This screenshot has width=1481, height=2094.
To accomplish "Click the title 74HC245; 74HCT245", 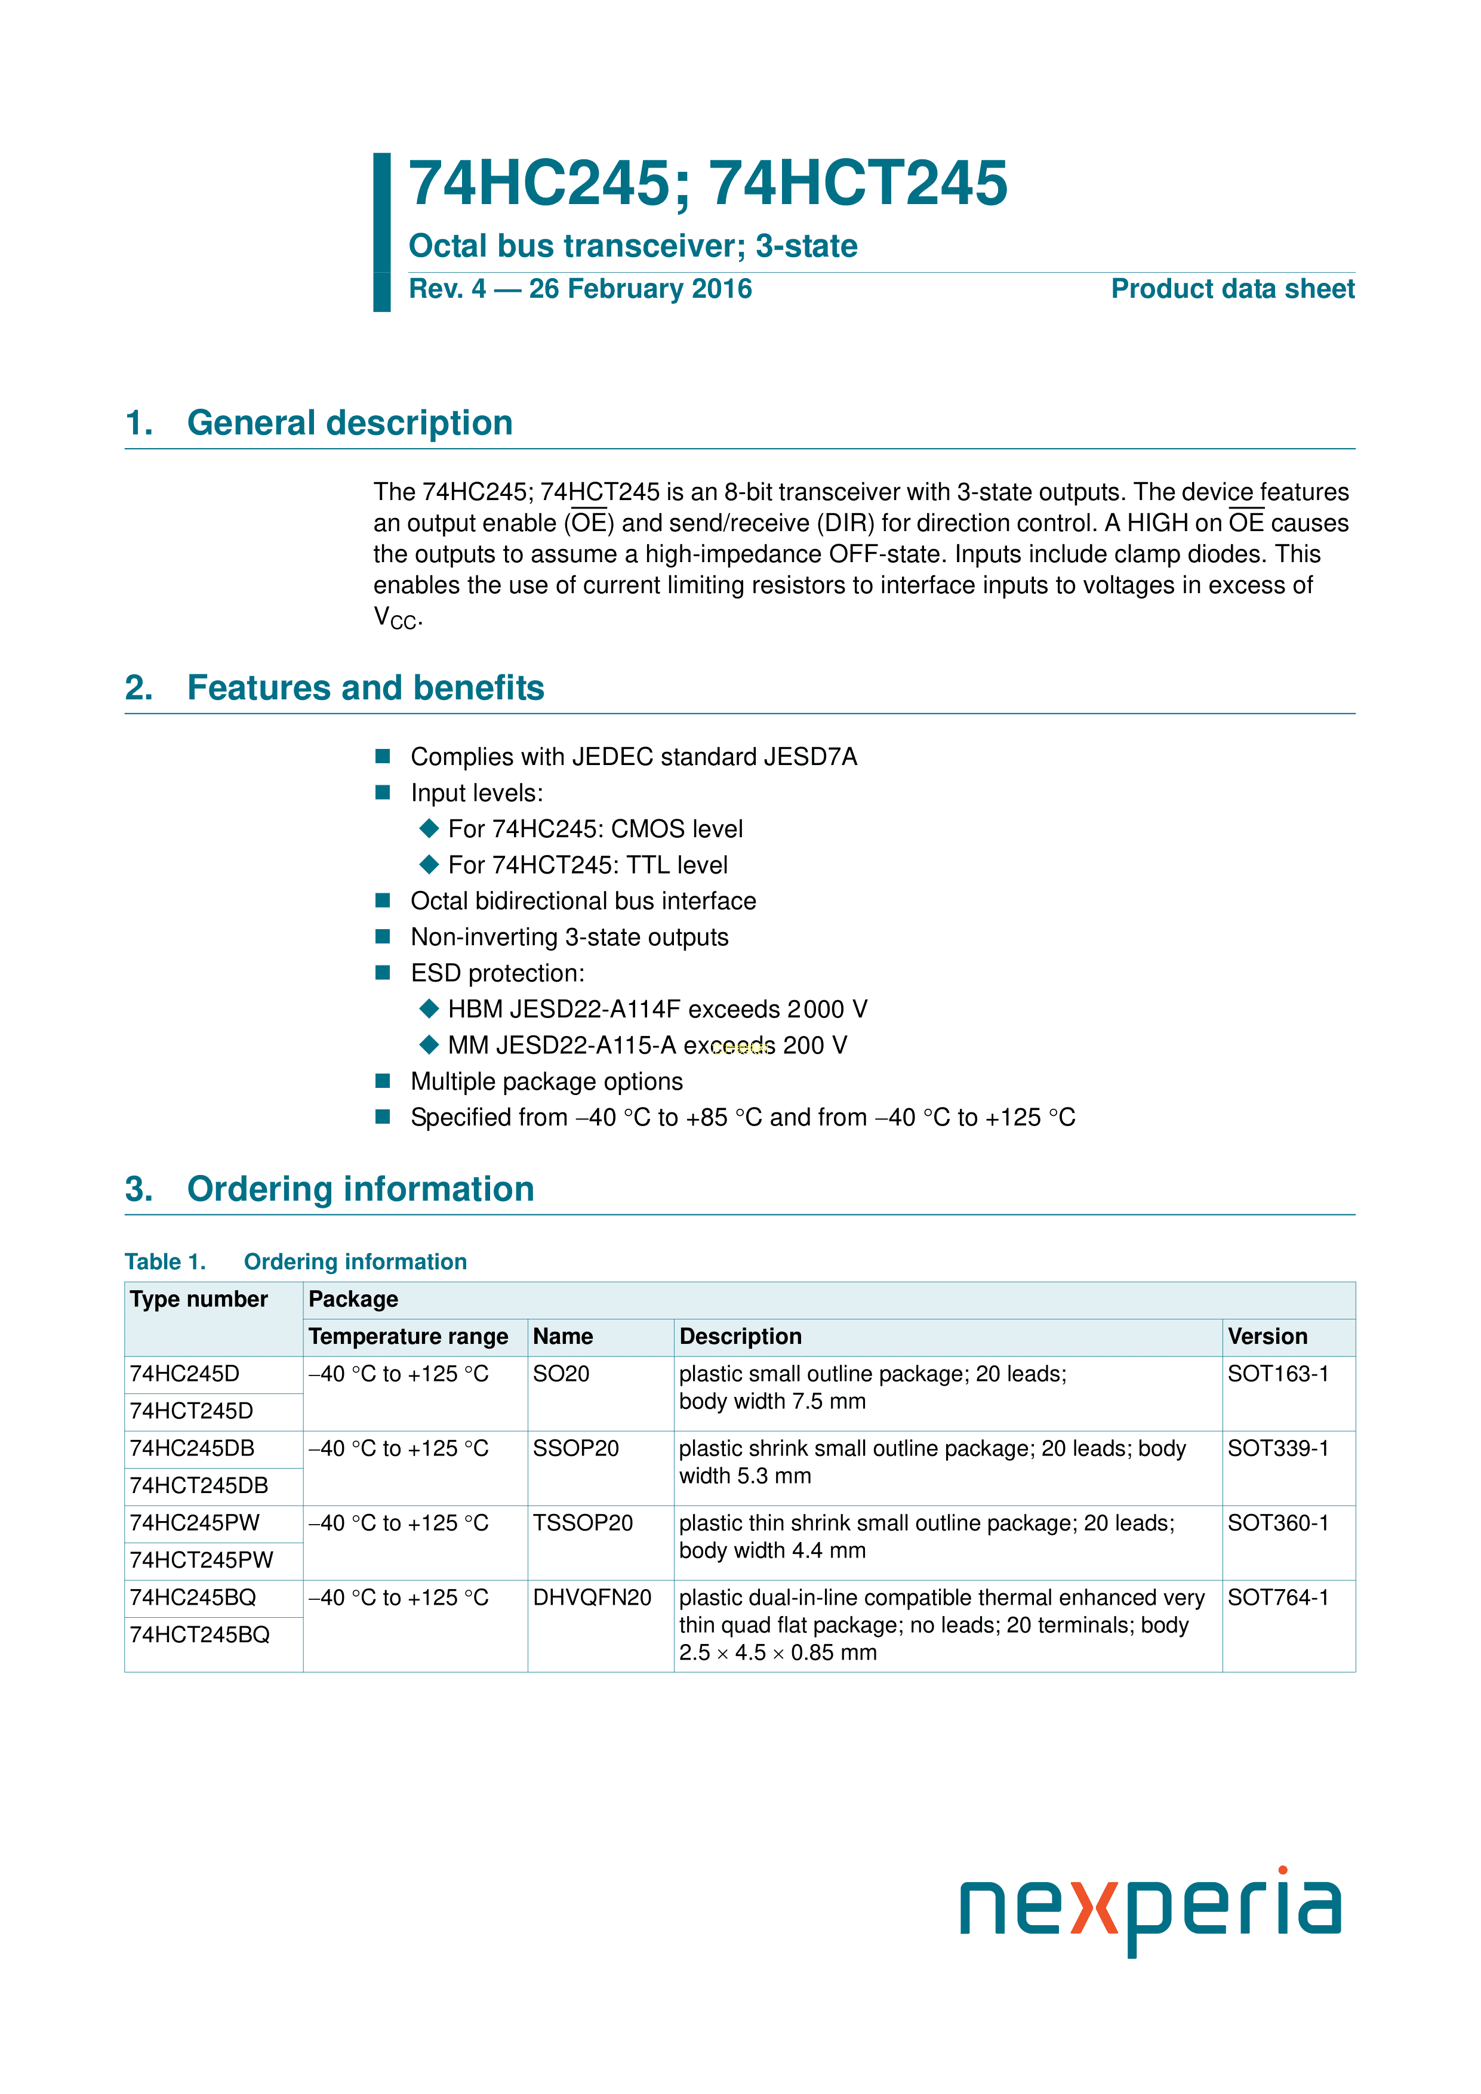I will pos(707,184).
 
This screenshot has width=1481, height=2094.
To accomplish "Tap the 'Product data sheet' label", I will pos(1232,289).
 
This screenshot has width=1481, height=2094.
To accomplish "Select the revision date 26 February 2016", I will pos(641,289).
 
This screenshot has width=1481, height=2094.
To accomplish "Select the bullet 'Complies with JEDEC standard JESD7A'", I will pos(633,757).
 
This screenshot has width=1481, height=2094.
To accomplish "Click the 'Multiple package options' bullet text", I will pos(547,1082).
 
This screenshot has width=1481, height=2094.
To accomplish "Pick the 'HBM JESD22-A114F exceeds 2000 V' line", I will pos(657,1010).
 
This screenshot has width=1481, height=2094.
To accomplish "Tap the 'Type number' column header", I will pos(199,1300).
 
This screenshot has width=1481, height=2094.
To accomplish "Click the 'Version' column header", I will pos(1267,1337).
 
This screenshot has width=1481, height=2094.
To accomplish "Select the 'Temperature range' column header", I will pos(408,1337).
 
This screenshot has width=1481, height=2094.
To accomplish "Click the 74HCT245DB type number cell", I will pos(199,1487).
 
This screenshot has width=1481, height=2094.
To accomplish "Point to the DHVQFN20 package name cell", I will pos(592,1598).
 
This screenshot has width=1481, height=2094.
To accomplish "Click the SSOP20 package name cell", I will pos(576,1449).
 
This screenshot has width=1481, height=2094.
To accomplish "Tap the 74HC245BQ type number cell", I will pos(193,1598).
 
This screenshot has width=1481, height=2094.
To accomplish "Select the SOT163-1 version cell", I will pos(1277,1374).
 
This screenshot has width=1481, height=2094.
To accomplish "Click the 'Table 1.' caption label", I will pos(165,1262).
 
